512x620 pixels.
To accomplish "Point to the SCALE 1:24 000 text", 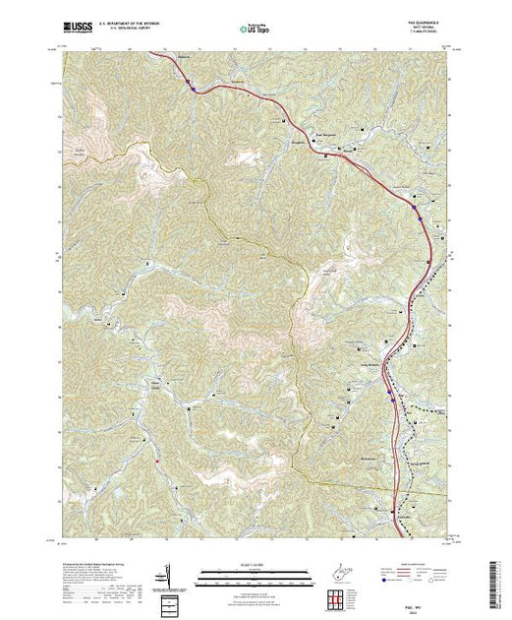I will pos(255,563).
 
